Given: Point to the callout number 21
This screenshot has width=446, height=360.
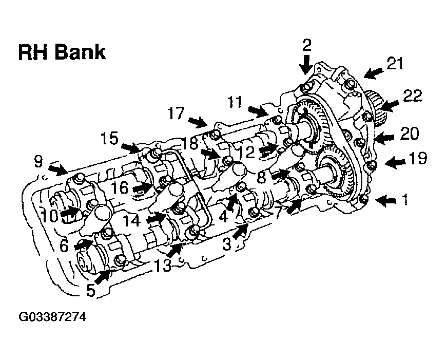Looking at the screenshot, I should tap(395, 64).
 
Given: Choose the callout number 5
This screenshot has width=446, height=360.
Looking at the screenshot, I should tap(90, 291).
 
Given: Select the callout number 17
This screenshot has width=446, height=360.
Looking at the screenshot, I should tap(176, 113).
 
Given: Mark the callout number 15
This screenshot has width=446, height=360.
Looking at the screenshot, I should tap(110, 139).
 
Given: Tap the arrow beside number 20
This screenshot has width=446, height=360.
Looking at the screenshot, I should tap(384, 137).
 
